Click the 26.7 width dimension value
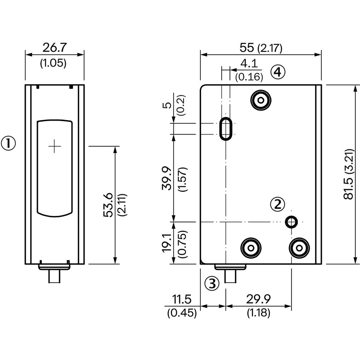point(54,48)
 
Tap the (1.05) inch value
point(53,63)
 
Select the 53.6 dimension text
point(108,205)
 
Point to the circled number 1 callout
point(9,144)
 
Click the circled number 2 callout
point(278,204)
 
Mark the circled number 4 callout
point(278,72)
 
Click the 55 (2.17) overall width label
point(261,48)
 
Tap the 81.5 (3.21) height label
point(348,174)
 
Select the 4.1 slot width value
point(249,63)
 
